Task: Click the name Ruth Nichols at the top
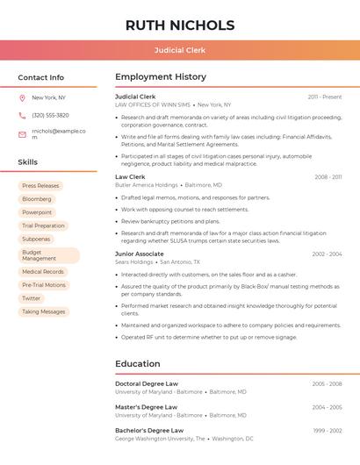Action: (180, 25)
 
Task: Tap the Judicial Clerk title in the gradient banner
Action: (180, 50)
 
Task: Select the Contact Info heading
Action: (41, 77)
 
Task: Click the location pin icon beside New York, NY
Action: (22, 97)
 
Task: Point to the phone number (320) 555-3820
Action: (50, 115)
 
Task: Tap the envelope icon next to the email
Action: (22, 134)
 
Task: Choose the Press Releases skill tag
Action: (40, 186)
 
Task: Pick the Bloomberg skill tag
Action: (37, 199)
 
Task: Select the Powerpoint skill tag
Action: (37, 212)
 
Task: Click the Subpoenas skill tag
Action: (37, 239)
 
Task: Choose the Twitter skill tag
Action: (32, 298)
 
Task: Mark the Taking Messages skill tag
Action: (44, 311)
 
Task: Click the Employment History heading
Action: (161, 77)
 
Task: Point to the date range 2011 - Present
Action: (325, 97)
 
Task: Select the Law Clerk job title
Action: (130, 177)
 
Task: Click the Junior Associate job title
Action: (139, 254)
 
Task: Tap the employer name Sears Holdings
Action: (134, 262)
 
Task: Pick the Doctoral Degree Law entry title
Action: (147, 383)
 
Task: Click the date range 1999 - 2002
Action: (327, 431)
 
